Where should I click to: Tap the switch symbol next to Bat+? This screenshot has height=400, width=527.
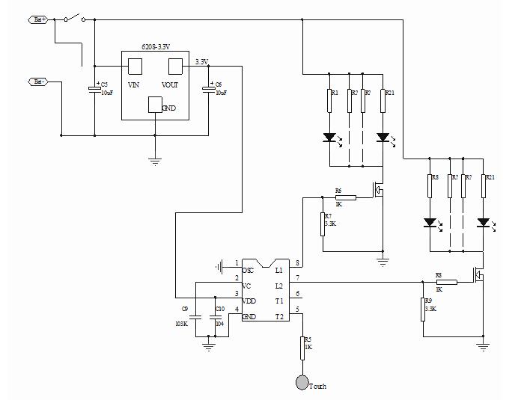point(72,18)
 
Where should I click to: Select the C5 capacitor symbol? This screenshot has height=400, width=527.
point(95,89)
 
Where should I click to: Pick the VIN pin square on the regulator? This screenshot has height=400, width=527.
point(135,66)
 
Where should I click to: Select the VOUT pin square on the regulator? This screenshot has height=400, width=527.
point(176,66)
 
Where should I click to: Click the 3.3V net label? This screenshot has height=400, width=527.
point(201,62)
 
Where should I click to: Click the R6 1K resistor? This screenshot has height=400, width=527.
point(346,197)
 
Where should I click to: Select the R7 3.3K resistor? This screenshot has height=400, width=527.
point(323,224)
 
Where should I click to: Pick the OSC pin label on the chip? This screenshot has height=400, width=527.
point(249,270)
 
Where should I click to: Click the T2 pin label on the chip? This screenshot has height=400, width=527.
point(279,316)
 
